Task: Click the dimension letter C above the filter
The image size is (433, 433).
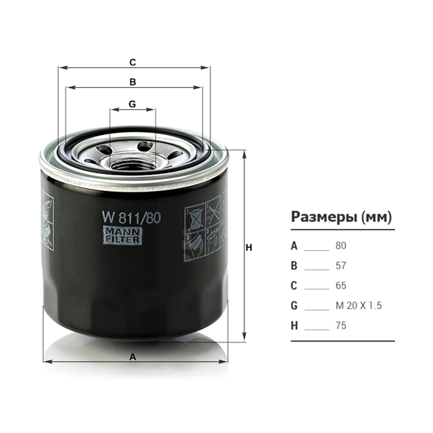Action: pos(133,62)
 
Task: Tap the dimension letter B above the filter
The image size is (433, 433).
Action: pos(133,82)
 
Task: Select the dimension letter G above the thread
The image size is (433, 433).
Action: pos(132,104)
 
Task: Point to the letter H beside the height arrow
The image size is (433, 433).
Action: pos(249,248)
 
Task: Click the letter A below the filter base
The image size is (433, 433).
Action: pos(133,357)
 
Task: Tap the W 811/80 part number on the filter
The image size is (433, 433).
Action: pos(131,218)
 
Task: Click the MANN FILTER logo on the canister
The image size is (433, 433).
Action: pos(122,236)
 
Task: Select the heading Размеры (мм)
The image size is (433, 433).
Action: pos(341,217)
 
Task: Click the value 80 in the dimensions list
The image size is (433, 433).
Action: pos(341,246)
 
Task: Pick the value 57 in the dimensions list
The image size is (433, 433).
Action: pos(341,266)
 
